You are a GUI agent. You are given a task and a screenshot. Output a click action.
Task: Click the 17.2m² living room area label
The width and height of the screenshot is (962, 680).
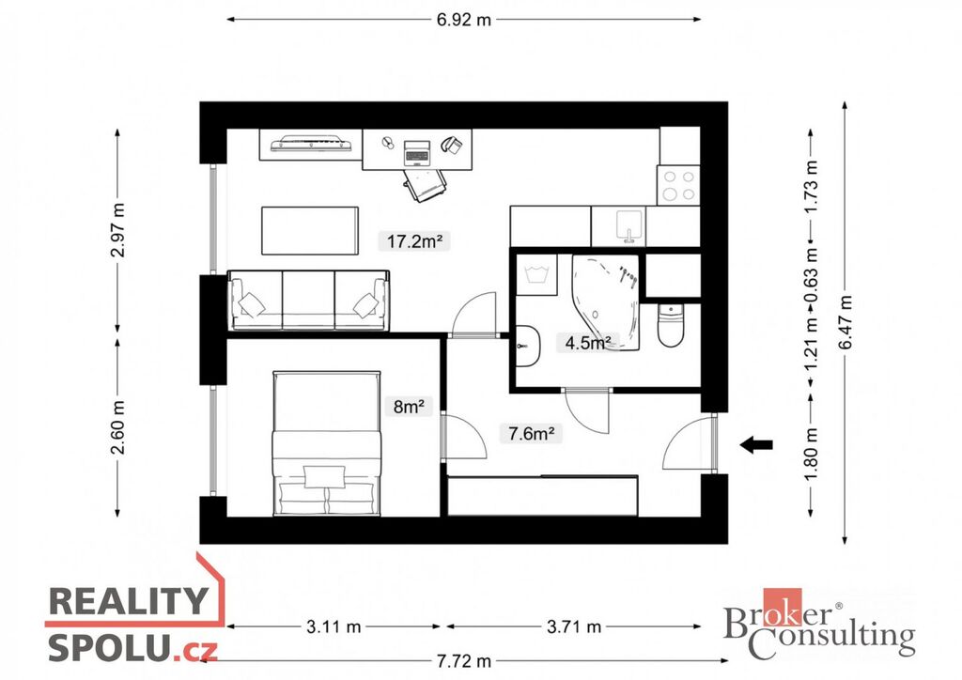pos(414,241)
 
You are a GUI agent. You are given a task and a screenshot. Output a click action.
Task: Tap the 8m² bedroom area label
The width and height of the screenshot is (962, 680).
pos(410,406)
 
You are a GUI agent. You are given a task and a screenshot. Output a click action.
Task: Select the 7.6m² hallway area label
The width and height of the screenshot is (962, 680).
pos(532,434)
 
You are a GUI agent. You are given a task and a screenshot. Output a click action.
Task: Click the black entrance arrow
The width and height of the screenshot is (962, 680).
pos(756,444)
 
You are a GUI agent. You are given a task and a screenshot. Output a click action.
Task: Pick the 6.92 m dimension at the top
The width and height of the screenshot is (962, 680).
pos(464,20)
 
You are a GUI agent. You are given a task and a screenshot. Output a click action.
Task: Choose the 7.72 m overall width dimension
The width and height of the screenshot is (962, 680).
pos(464,661)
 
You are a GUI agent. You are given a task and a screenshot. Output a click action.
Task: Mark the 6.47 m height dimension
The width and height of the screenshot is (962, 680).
pos(846,322)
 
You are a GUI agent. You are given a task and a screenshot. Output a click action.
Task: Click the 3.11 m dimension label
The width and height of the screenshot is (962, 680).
pos(334,626)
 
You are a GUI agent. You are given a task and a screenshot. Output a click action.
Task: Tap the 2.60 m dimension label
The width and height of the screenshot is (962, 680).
pos(117,427)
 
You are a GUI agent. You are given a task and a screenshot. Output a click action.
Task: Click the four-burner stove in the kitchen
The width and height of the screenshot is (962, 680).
pos(678,185)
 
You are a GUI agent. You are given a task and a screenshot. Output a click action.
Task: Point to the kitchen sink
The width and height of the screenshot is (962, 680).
pos(629,225)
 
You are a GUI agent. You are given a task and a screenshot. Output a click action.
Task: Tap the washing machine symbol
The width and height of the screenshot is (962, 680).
pos(536,274)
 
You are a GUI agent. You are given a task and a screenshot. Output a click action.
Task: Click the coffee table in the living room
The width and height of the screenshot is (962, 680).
pos(310,230)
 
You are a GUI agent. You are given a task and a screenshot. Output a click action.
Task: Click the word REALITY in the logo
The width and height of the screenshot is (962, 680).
pos(128,601)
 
